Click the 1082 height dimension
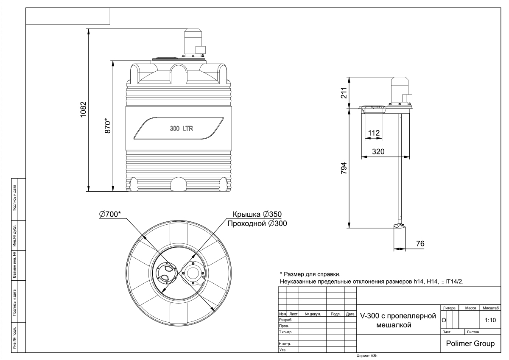click(x=84, y=109)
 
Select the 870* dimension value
click(x=107, y=126)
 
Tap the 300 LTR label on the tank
click(x=182, y=128)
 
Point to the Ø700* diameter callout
click(x=110, y=214)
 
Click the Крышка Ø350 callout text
click(x=257, y=214)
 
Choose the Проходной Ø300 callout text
click(x=257, y=223)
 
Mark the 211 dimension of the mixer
click(x=344, y=93)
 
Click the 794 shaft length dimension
click(x=344, y=168)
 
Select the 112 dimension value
click(x=374, y=133)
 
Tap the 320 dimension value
click(x=378, y=151)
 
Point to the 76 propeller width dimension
click(x=420, y=244)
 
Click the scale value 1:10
click(x=490, y=320)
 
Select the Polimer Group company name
click(x=470, y=343)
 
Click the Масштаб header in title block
click(x=491, y=308)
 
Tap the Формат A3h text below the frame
click(x=367, y=356)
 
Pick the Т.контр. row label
click(x=285, y=332)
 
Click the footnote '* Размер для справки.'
click(x=310, y=274)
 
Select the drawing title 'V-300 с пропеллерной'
click(x=398, y=316)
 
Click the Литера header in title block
click(x=449, y=308)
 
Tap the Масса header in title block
click(x=470, y=308)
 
